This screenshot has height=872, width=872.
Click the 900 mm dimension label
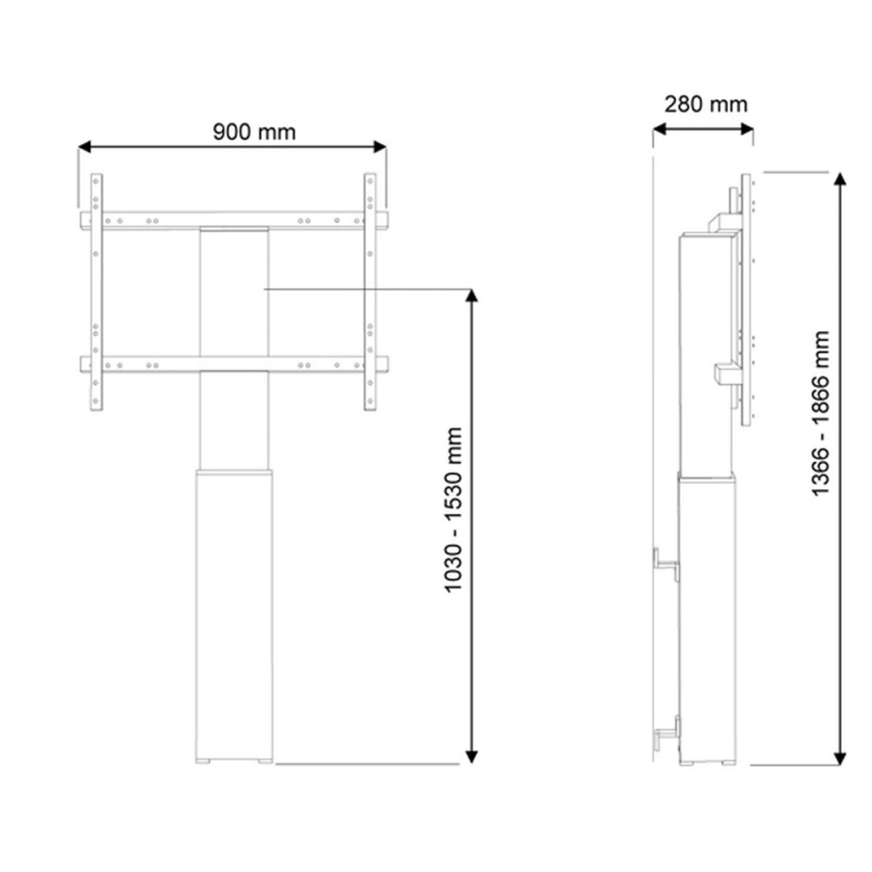click(x=254, y=132)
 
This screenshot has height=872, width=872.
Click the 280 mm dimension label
click(x=705, y=104)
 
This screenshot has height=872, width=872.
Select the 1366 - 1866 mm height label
click(x=821, y=414)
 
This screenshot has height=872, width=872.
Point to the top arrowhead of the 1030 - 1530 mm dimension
click(x=472, y=297)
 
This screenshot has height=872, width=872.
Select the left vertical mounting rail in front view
click(x=97, y=292)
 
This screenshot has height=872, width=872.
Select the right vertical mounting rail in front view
click(x=370, y=292)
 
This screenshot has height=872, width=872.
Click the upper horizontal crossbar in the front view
click(x=234, y=220)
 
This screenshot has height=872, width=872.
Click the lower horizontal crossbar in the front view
click(x=234, y=364)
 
